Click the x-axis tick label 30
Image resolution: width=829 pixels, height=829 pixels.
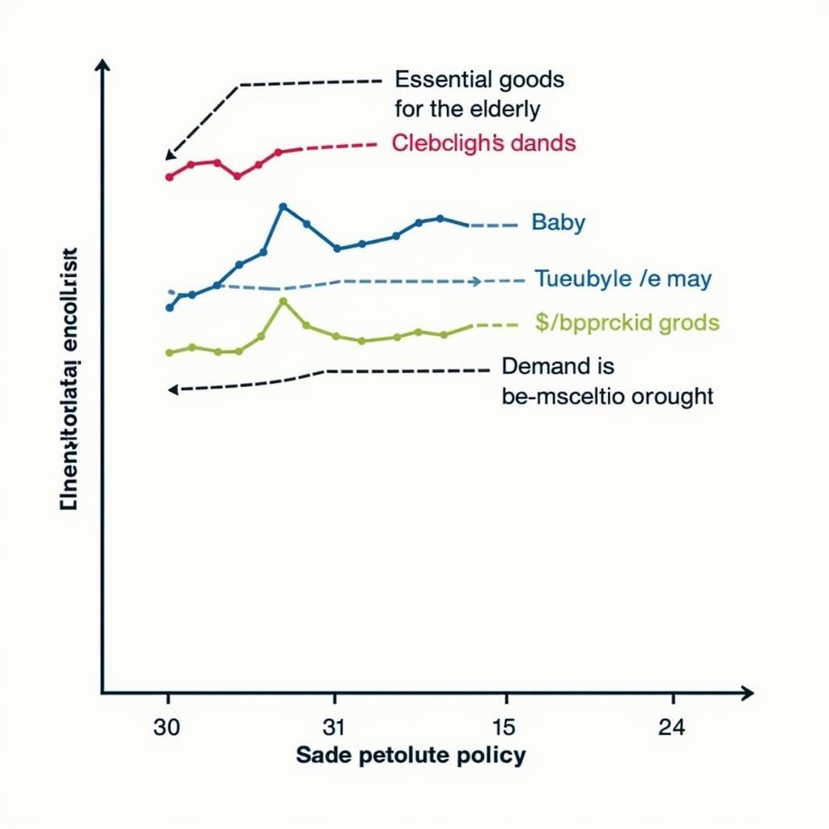pos(167,727)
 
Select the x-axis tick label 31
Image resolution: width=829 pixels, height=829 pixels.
pos(334,727)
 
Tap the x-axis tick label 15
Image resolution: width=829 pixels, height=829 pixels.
pos(504,727)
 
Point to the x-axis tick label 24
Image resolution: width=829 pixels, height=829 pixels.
pos(671,727)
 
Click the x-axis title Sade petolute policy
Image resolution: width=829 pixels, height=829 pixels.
pos(410,756)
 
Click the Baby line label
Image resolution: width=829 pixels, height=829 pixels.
pos(558,223)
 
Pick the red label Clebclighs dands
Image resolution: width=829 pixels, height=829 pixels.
pos(483,143)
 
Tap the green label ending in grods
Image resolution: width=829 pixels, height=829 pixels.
pos(627,323)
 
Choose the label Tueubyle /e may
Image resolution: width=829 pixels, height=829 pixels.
pos(623,280)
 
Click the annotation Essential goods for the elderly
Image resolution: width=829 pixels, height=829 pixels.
pos(479,93)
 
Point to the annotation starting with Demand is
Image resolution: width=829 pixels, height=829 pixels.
pos(607,380)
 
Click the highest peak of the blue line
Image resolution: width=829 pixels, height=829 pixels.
pos(283,206)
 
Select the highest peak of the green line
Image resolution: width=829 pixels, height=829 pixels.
pos(283,301)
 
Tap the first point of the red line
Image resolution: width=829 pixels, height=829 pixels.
pos(168,176)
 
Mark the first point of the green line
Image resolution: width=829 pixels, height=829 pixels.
pos(169,352)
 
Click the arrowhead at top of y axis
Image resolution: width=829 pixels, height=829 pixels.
pos(102,65)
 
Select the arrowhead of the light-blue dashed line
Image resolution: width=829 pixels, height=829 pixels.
pos(476,282)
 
